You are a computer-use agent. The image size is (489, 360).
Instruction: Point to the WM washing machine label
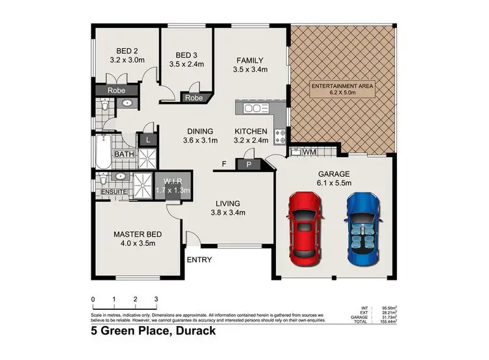(x=310, y=152)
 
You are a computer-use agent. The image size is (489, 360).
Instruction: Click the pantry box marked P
(x=248, y=164)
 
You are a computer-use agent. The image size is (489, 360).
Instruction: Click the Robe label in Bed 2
(x=117, y=91)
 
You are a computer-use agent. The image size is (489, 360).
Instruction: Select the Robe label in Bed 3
(x=192, y=98)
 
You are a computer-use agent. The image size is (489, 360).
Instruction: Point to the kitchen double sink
(x=257, y=108)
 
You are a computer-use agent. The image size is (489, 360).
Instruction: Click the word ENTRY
(x=199, y=260)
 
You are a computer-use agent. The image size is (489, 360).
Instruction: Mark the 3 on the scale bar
(x=156, y=299)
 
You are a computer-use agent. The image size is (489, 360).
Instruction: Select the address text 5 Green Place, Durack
(x=153, y=331)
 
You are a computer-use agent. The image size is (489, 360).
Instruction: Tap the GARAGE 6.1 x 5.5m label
(x=334, y=179)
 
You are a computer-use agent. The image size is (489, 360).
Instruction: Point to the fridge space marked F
(x=223, y=163)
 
